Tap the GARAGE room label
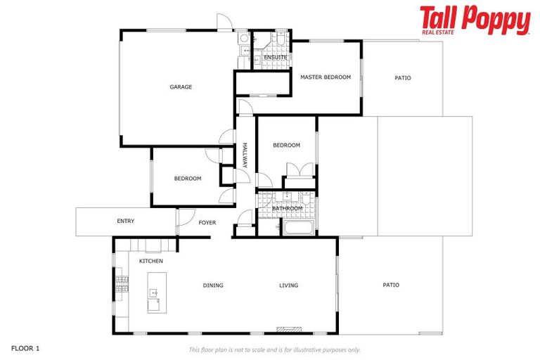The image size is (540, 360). point(181,87)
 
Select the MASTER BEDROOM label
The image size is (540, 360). point(325,77)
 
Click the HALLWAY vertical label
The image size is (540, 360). point(245,155)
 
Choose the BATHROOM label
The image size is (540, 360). point(287,208)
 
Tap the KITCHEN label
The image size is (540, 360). point(150,262)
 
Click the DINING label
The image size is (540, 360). point(213,285)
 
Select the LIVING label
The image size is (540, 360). point(288,285)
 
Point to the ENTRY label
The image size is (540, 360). point(125,221)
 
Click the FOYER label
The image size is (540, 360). point(207,223)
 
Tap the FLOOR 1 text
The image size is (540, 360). point(26,348)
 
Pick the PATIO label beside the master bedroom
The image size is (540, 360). point(402,78)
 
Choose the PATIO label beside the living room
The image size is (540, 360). point(391,285)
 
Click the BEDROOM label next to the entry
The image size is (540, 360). point(188,179)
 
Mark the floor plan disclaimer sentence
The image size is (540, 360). point(275,349)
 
